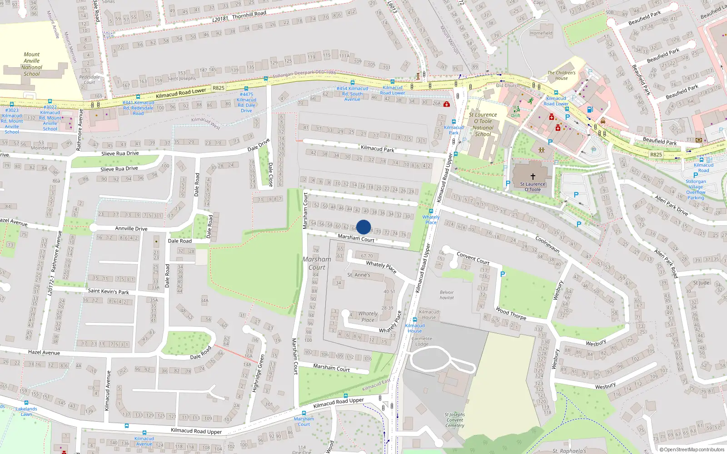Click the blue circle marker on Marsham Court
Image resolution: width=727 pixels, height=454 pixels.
click(363, 227)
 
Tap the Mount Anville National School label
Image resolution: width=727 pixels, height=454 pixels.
click(32, 64)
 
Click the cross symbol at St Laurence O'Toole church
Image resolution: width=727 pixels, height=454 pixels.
click(533, 176)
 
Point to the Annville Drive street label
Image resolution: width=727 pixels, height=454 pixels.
click(131, 228)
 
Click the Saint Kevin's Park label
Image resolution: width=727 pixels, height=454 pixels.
click(108, 291)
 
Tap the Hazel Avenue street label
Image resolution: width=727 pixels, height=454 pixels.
click(44, 352)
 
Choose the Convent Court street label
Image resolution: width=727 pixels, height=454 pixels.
click(473, 258)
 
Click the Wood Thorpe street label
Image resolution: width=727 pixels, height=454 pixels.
click(511, 313)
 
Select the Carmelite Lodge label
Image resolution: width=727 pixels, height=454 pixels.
click(421, 341)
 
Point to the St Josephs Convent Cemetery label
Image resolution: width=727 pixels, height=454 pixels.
click(454, 420)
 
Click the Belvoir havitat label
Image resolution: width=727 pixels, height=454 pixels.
click(447, 295)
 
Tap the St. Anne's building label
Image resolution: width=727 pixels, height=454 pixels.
click(359, 275)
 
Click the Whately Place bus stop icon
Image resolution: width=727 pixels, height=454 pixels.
click(431, 211)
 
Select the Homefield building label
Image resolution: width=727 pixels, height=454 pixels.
click(541, 33)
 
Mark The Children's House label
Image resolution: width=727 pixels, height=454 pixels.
click(561, 75)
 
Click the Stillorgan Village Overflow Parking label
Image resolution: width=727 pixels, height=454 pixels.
click(696, 189)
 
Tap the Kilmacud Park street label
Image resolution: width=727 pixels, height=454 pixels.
click(377, 148)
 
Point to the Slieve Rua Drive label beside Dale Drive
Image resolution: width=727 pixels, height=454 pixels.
click(120, 153)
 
